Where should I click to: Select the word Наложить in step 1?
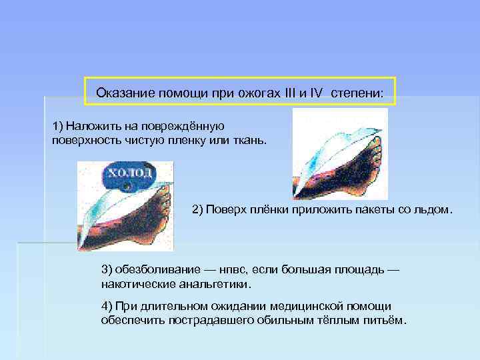(91, 126)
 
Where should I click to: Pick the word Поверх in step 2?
(226, 210)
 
